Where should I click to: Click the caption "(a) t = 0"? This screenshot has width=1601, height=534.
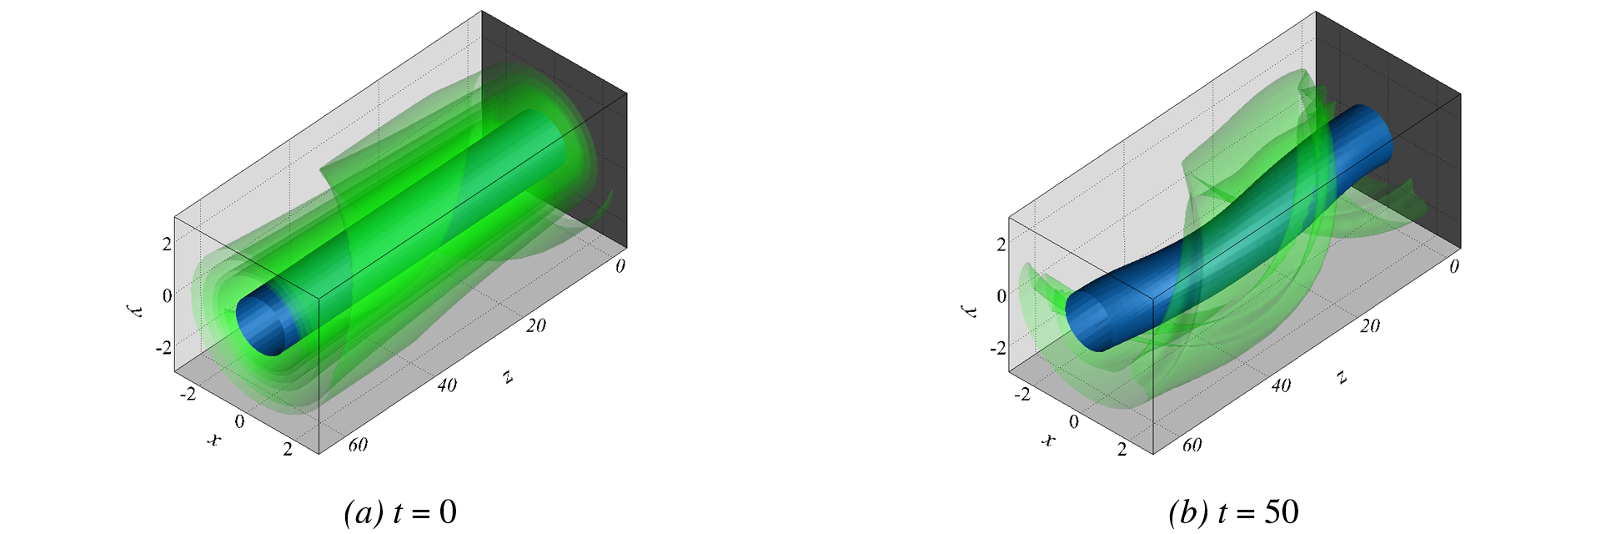(400, 512)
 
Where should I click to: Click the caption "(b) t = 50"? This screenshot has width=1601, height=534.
(1234, 512)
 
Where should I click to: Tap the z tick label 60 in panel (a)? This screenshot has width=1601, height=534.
(358, 445)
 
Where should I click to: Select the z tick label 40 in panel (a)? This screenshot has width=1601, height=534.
(447, 385)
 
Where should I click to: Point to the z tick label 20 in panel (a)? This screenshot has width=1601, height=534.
(536, 325)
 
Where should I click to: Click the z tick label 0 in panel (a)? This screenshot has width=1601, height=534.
(620, 266)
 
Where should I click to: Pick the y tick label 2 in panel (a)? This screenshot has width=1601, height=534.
(167, 244)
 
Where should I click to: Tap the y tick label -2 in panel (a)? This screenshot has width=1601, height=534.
(163, 347)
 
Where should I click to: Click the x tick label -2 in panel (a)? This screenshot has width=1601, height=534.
(188, 394)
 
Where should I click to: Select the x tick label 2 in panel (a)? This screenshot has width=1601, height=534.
(288, 450)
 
